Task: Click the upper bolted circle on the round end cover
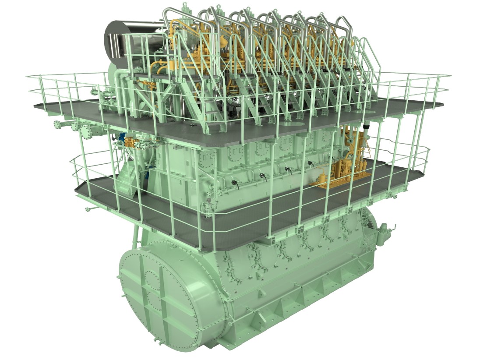pyautogui.click(x=152, y=279)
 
